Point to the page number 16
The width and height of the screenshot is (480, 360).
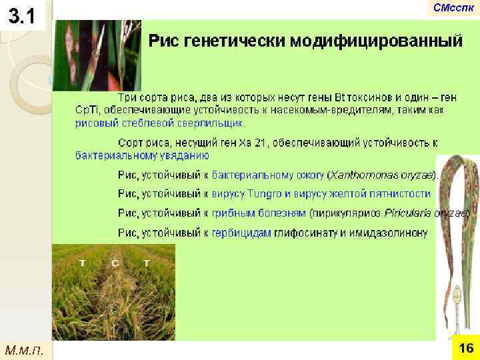tap(466, 348)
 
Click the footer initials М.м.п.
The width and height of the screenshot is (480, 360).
tap(24, 349)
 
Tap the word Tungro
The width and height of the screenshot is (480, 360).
tap(265, 194)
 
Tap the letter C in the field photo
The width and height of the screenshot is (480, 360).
tap(115, 263)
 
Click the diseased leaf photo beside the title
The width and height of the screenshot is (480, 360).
tap(97, 55)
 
